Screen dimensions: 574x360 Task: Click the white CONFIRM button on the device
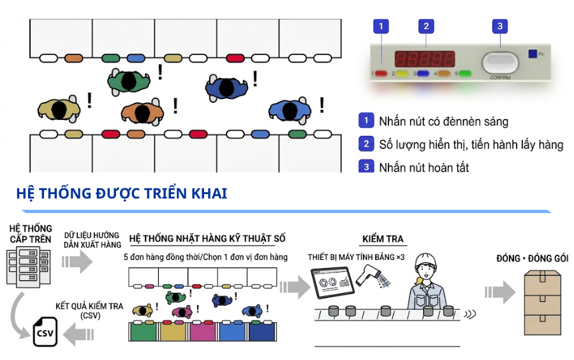500,63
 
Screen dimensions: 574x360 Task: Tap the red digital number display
425,59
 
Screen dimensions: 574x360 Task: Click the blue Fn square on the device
533,54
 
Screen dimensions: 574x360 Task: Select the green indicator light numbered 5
464,73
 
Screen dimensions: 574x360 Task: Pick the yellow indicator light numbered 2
402,73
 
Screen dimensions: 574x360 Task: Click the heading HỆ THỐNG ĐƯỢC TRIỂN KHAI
122,193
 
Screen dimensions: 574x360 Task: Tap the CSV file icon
45,331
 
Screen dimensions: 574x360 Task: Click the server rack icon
28,266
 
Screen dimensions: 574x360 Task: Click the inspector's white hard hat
425,260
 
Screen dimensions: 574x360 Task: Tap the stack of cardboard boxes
543,303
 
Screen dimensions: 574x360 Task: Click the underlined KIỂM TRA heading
383,239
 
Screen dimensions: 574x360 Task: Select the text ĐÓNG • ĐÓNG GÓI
533,259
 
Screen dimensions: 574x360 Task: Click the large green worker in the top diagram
128,81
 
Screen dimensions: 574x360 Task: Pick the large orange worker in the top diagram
142,112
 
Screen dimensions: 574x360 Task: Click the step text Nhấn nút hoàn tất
424,168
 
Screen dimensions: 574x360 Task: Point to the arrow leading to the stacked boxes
500,292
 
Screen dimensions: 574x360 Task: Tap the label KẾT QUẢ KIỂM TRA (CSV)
89,311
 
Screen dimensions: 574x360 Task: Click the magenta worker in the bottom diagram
182,311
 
